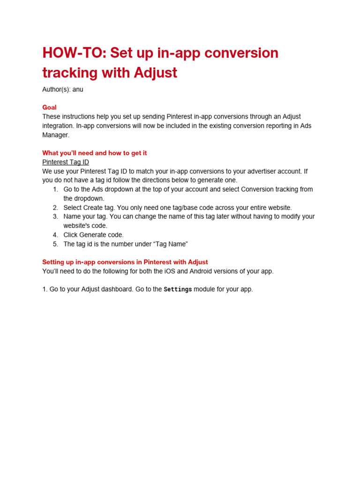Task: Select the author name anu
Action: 78,89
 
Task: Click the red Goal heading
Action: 49,107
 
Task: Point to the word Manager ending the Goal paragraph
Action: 55,135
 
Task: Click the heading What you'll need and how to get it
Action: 95,153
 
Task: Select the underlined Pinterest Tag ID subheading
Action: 66,162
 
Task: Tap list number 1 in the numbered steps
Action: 55,189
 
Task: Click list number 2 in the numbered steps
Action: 55,207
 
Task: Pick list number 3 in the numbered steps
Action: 55,217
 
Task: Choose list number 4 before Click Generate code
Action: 55,235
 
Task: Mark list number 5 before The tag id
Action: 55,244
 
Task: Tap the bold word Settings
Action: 178,289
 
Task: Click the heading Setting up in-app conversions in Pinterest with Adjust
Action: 125,262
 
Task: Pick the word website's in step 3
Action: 77,225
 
